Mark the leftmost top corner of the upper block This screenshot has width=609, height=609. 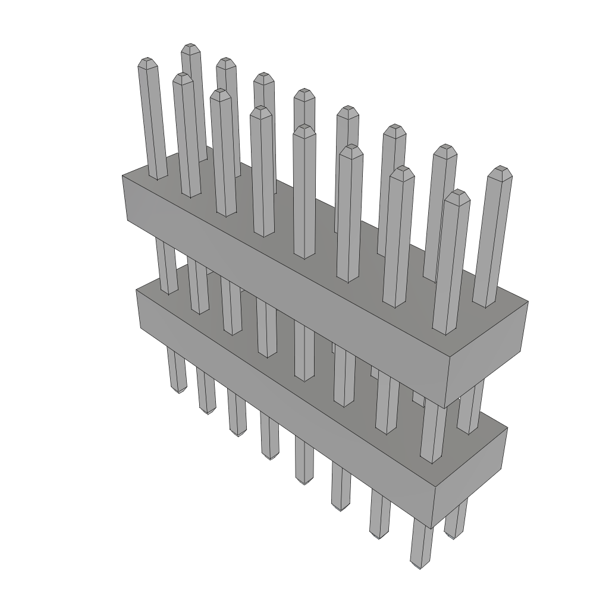(x=123, y=176)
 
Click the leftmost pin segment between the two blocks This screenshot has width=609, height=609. (x=167, y=265)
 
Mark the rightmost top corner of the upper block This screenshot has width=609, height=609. (x=528, y=302)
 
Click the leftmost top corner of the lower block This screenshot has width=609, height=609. (x=136, y=290)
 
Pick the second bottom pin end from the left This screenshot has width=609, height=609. (x=206, y=410)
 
